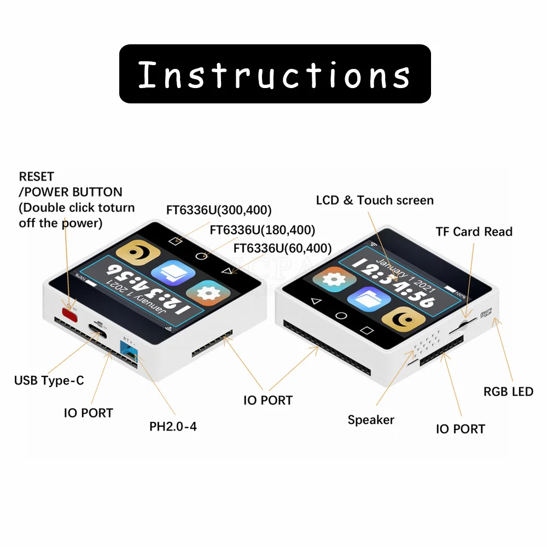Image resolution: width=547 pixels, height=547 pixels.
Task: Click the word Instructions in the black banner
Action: pyautogui.click(x=274, y=74)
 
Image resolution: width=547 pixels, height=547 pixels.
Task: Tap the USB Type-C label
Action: pyautogui.click(x=49, y=380)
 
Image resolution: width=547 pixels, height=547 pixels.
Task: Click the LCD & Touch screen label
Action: pyautogui.click(x=375, y=200)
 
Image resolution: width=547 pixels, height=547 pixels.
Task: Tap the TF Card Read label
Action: pyautogui.click(x=474, y=231)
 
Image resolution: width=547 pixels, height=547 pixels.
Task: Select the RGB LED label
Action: pyautogui.click(x=508, y=391)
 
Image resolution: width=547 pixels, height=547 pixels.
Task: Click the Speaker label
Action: pyautogui.click(x=371, y=420)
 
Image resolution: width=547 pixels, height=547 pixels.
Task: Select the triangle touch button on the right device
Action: pyautogui.click(x=314, y=301)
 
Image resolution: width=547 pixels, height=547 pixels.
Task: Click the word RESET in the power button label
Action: pyautogui.click(x=37, y=177)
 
